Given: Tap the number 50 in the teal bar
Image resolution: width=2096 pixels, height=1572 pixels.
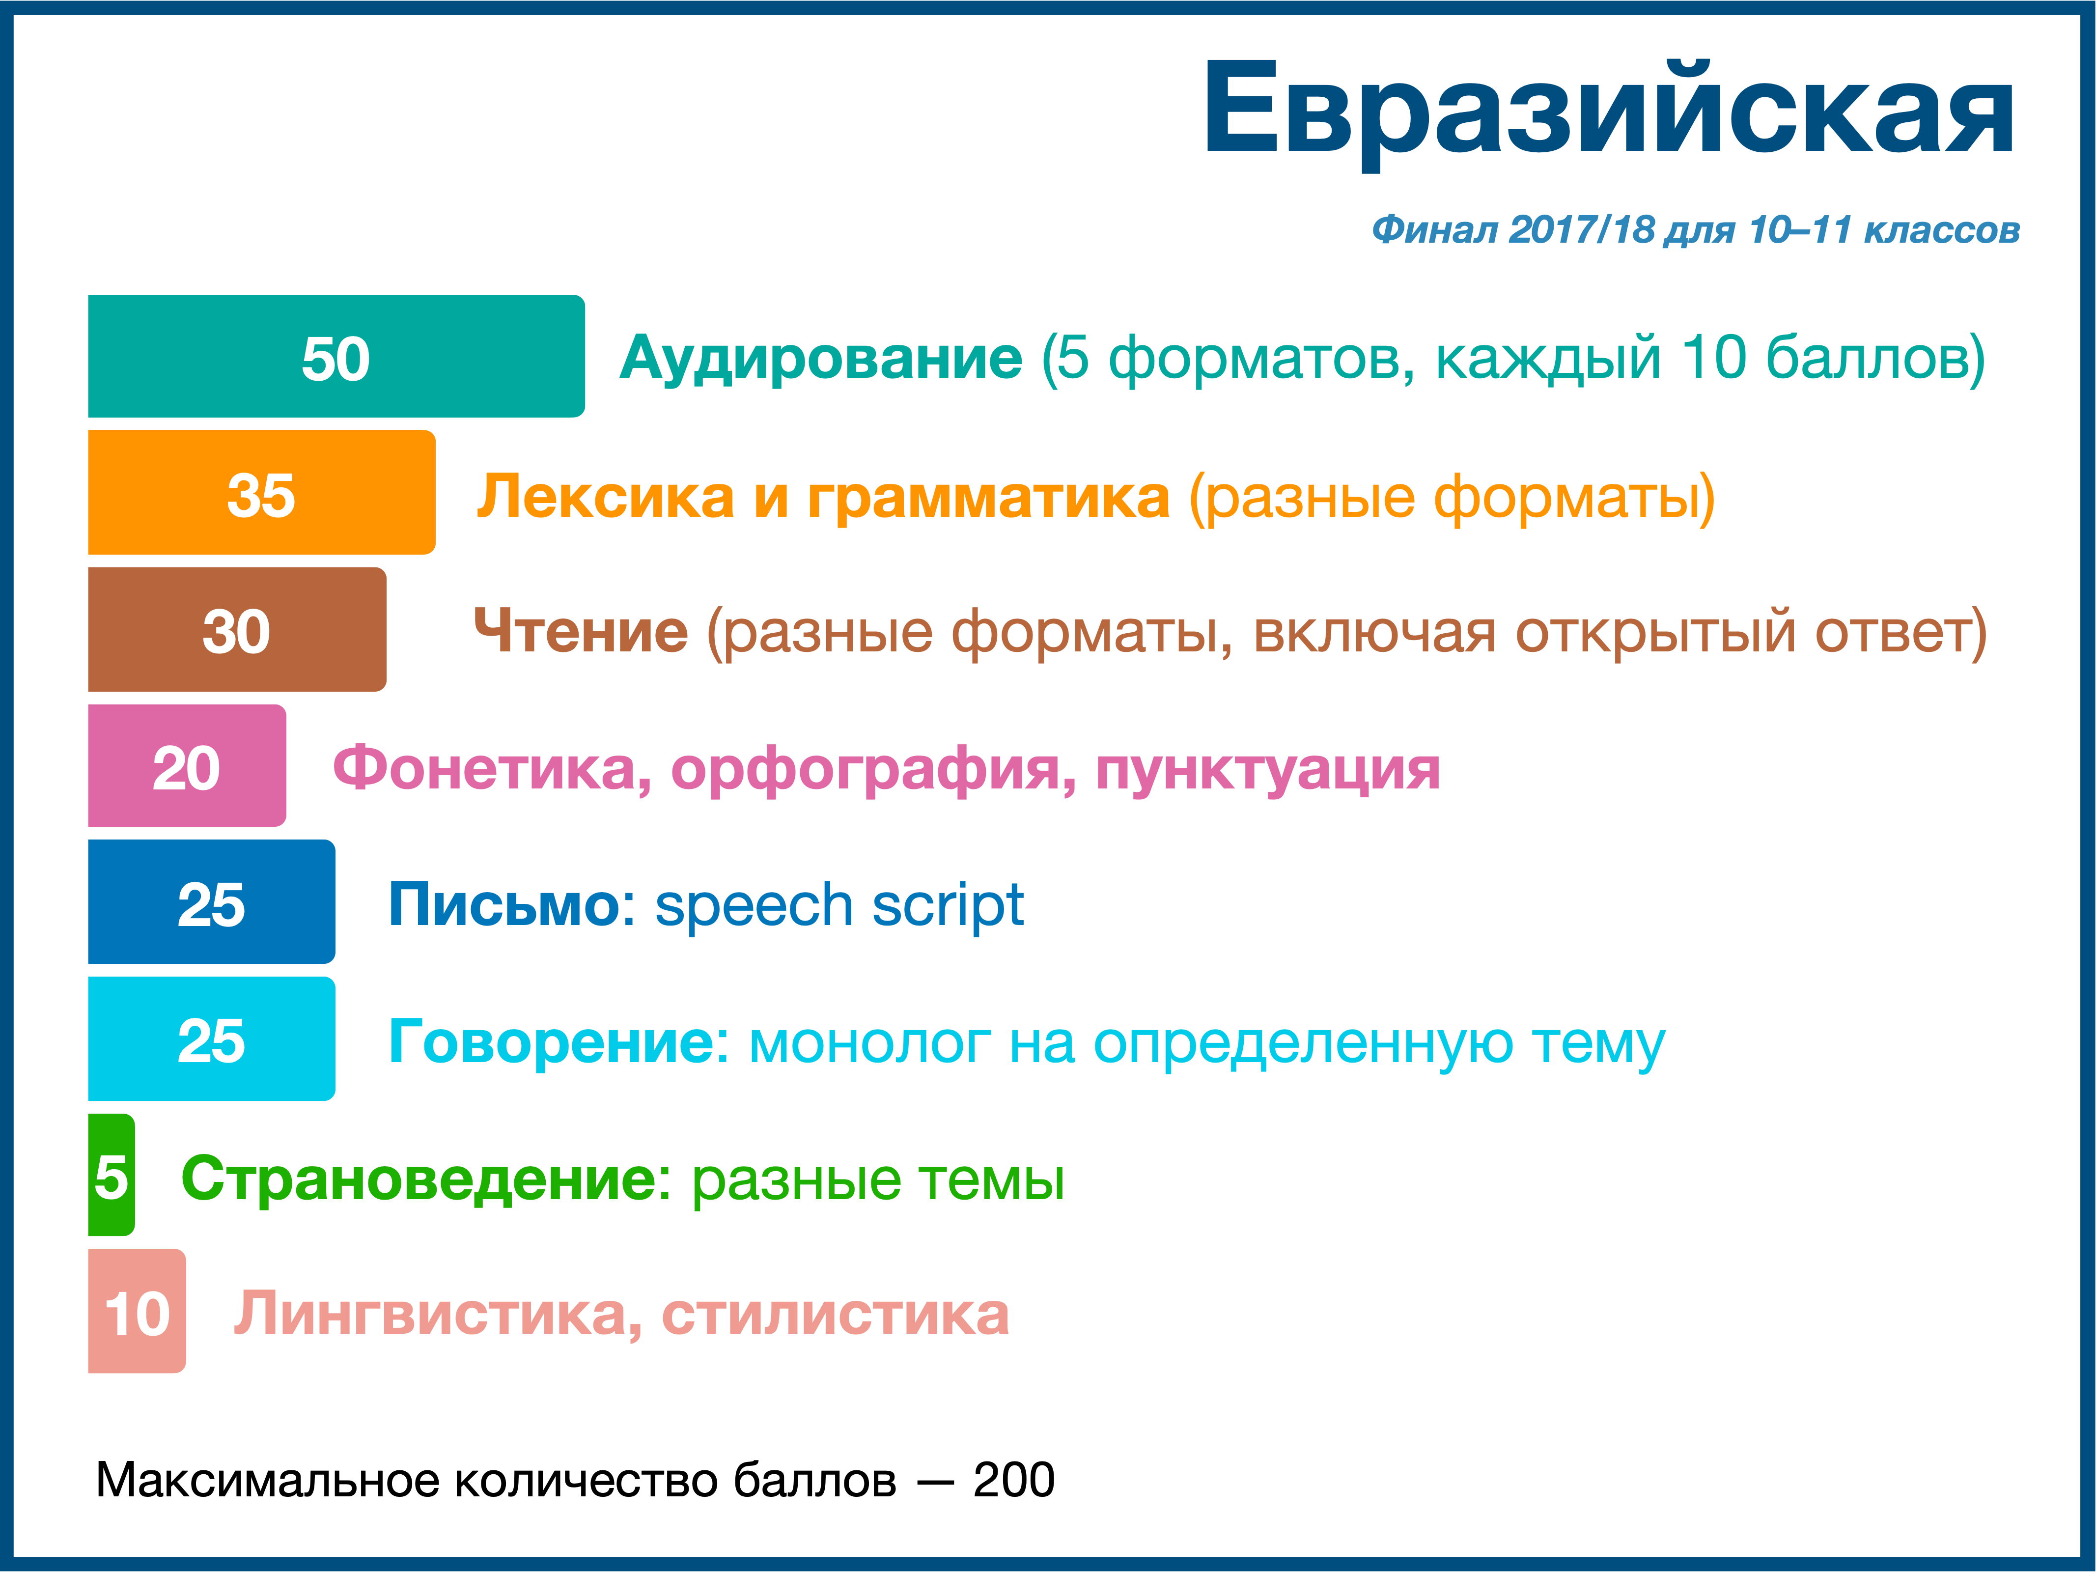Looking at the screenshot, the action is pos(335,358).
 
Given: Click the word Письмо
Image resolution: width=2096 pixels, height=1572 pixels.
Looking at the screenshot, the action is pos(504,905).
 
